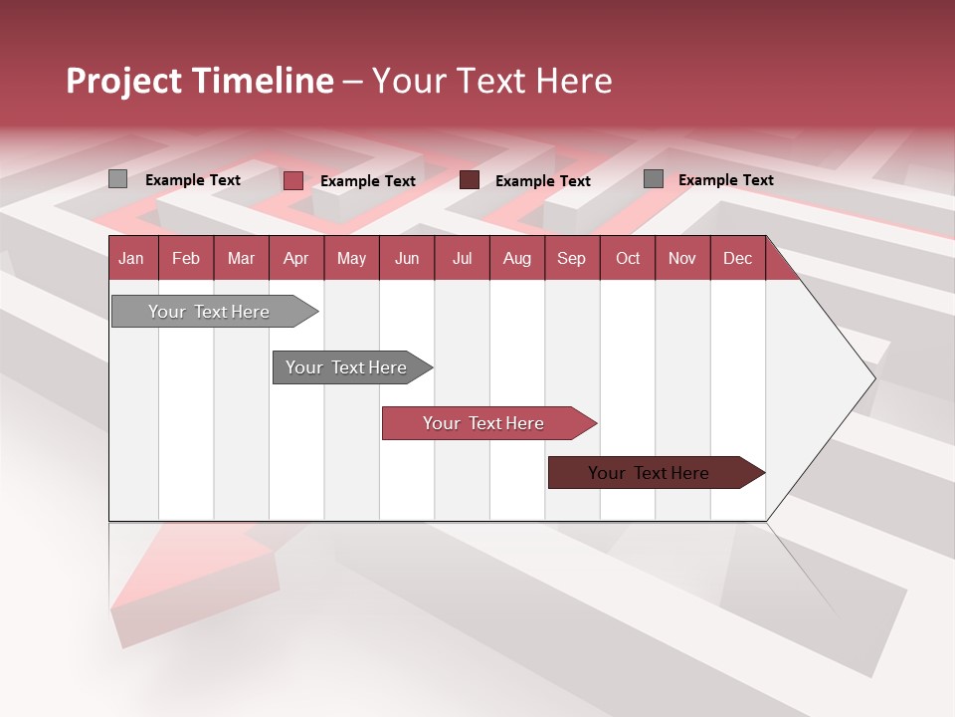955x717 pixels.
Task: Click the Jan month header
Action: [132, 259]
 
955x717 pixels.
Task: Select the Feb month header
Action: [186, 259]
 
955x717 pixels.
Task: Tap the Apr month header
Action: [296, 259]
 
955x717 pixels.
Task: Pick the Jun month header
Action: [407, 259]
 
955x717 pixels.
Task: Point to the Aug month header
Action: [517, 259]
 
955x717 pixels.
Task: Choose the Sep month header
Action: [572, 259]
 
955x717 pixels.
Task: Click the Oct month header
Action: [628, 259]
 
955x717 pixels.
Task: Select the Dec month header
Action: [738, 259]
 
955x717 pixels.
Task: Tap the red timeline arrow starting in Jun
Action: [484, 423]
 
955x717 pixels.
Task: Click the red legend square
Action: [293, 180]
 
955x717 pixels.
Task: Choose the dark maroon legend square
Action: [470, 180]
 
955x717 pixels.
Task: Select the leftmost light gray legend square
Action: [118, 179]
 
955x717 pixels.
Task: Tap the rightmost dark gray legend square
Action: [654, 179]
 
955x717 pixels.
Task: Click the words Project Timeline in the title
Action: [200, 81]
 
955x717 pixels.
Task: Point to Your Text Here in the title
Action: [491, 81]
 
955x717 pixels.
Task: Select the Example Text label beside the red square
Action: [368, 181]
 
